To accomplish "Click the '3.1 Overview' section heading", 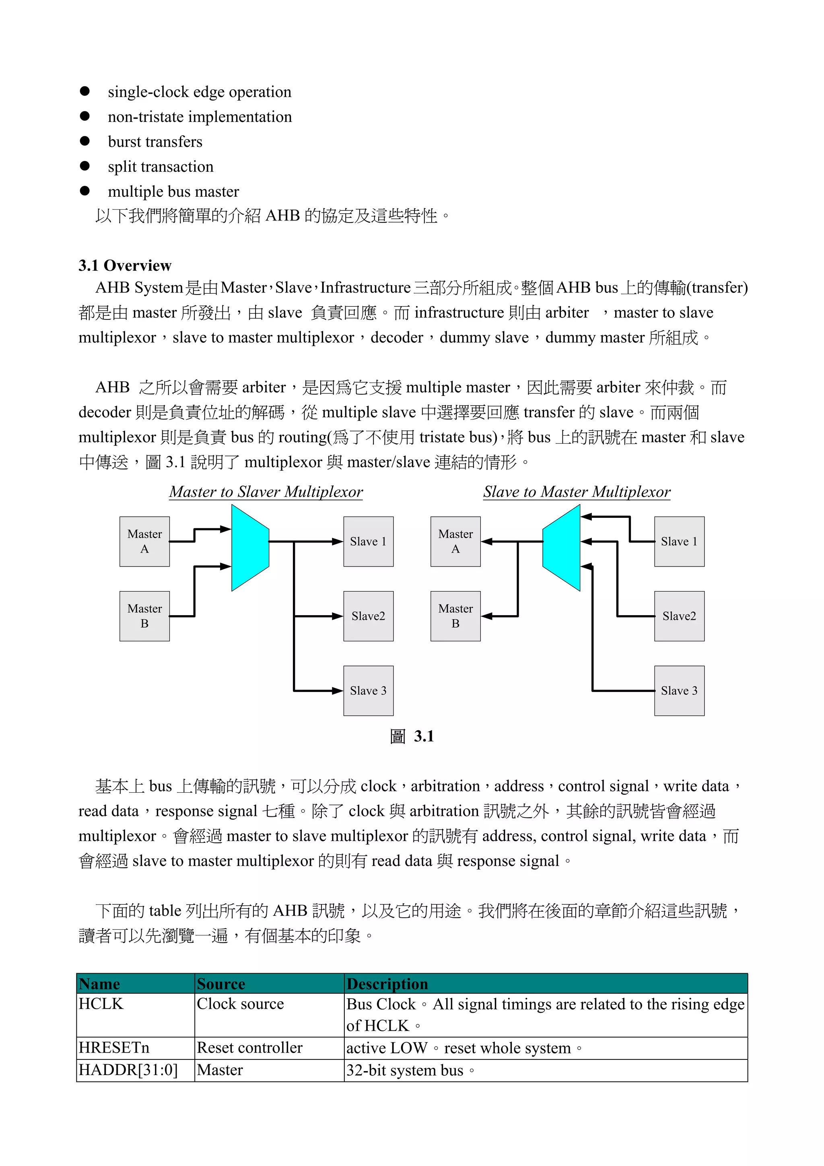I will tap(125, 265).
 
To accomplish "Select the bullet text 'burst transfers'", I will tap(155, 142).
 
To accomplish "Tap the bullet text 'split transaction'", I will tap(161, 167).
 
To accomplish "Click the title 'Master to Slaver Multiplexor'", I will tap(266, 491).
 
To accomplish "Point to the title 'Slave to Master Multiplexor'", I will tap(576, 491).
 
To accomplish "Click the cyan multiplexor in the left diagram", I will tap(250, 548).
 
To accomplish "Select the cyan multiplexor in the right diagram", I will tap(562, 548).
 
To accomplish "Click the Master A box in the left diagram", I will tap(145, 542).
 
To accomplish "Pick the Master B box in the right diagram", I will tap(455, 616).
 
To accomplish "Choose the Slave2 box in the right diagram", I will tap(679, 616).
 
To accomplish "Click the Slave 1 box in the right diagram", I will tap(679, 542).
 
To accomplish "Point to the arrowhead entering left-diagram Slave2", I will tap(337, 616).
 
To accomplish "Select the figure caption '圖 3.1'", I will tap(412, 736).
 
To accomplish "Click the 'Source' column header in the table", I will tap(221, 984).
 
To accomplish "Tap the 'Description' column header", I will tap(387, 984).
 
